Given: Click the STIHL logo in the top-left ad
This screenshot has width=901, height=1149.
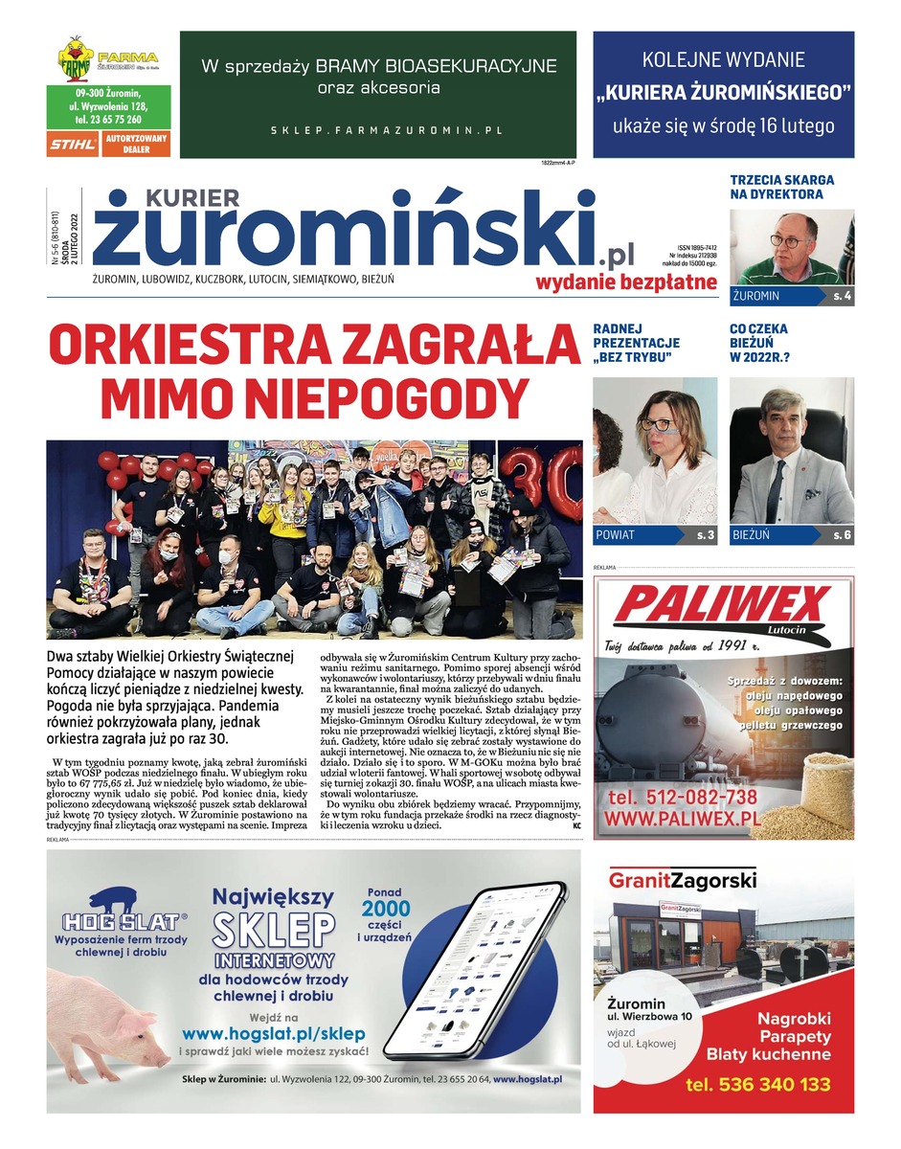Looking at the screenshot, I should [73, 144].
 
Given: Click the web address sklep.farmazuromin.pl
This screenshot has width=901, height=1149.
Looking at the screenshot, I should [386, 129].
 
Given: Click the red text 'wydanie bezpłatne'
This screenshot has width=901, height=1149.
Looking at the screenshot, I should [626, 281].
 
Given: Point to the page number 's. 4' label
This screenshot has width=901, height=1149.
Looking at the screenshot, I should [842, 296].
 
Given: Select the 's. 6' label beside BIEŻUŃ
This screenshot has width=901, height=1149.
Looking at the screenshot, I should [842, 535].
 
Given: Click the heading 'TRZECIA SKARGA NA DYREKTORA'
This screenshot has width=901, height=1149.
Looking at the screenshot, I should [781, 187].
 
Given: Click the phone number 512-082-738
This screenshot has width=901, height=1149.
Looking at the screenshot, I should [682, 797].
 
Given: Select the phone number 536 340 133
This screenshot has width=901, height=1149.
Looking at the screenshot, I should [757, 1085].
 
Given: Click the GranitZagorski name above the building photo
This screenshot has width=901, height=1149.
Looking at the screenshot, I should [682, 879].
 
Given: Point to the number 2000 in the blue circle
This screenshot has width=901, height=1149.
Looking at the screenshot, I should [386, 908].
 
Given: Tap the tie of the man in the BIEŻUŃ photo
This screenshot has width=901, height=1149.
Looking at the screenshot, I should [775, 489].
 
